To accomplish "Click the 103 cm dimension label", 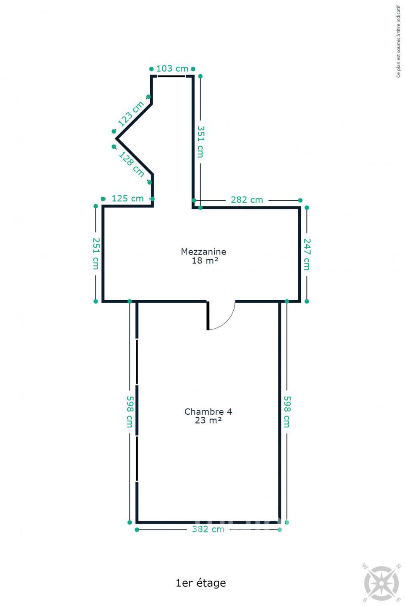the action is pos(172,69).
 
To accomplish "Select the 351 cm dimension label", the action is pos(201,142).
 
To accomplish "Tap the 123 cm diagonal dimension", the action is pos(131,114).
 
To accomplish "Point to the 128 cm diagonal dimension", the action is pos(132,164).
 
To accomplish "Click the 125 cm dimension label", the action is pos(127,199).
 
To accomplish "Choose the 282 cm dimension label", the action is pos(247,200).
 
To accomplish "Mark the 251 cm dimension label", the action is pos(96,253).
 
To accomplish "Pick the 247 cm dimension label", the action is pos(307,254).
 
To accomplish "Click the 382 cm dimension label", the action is pos(208,529).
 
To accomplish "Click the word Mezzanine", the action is pos(203,252).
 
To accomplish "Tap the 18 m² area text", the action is pos(205,261).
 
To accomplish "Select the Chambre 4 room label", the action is pos(208,411).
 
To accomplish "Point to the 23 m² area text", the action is pos(208,420).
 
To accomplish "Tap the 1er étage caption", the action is pos(201,583).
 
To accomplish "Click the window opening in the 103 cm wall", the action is pos(171,76).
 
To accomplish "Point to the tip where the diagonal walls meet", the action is pos(116,139).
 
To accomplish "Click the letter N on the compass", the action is pos(398,566).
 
